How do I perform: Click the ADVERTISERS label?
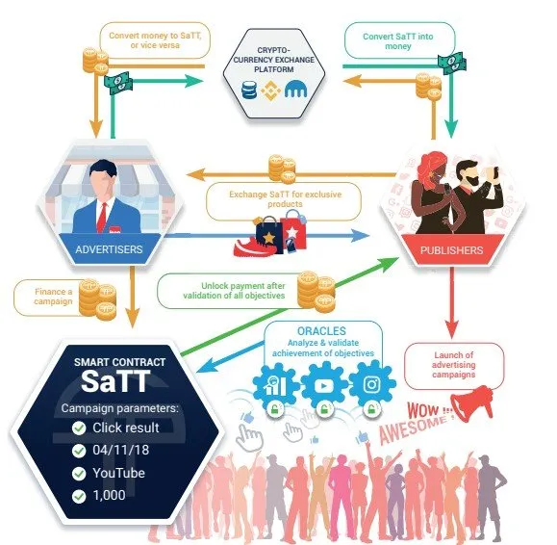(x=109, y=249)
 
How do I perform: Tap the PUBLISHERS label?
(x=451, y=250)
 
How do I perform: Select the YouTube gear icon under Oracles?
(x=324, y=385)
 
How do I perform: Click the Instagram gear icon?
(x=372, y=384)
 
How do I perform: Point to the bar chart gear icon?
(x=275, y=385)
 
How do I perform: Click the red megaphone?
(x=472, y=403)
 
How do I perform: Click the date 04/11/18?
(x=121, y=450)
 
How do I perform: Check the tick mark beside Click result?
(x=79, y=428)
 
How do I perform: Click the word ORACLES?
(x=321, y=331)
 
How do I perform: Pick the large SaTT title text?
(x=115, y=380)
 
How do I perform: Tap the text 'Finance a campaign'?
(x=53, y=297)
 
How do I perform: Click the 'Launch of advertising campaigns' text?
(x=454, y=365)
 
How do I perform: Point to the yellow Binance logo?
(x=270, y=91)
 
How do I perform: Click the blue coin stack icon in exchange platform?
(x=249, y=90)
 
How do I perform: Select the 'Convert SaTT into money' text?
(x=398, y=41)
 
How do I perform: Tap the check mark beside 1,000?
(x=79, y=496)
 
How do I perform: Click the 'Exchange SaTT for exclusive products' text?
(x=285, y=199)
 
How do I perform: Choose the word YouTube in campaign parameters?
(x=118, y=473)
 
